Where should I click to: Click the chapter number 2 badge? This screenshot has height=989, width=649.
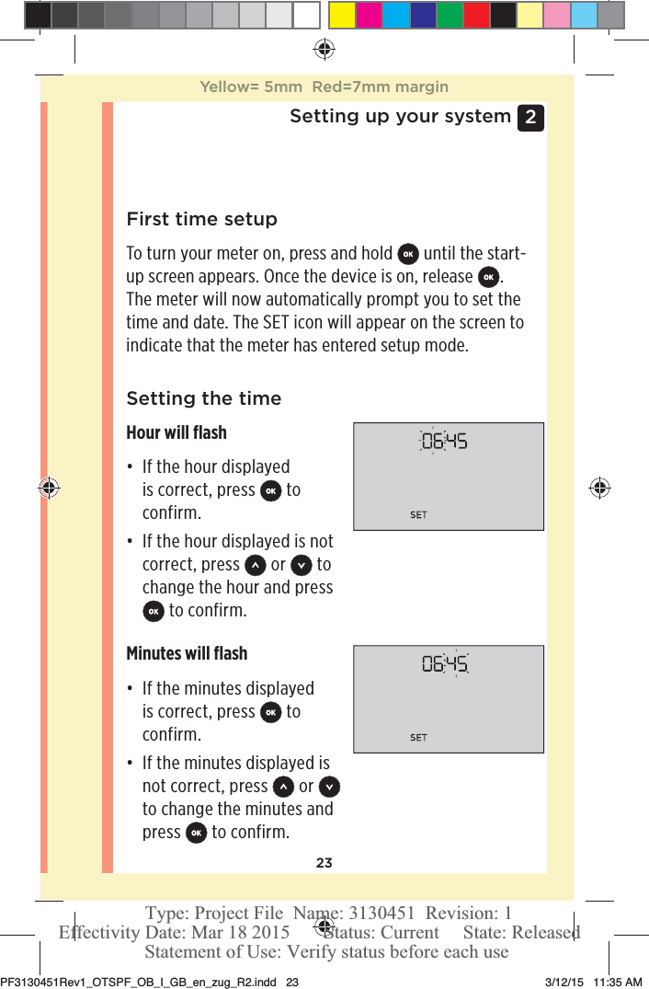click(530, 118)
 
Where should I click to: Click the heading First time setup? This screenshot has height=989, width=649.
click(201, 220)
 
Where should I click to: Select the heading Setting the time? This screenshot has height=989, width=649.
click(203, 398)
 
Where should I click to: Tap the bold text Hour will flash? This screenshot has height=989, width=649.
click(176, 432)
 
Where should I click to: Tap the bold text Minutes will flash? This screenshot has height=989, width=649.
click(187, 653)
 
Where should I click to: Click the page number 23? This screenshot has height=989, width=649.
click(324, 863)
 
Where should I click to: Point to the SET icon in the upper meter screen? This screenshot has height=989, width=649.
click(418, 515)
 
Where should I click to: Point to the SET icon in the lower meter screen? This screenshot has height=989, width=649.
click(418, 738)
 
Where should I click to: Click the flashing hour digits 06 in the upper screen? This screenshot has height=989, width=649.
click(431, 442)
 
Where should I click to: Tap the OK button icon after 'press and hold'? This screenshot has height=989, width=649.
click(408, 254)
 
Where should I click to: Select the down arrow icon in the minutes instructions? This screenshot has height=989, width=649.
click(329, 787)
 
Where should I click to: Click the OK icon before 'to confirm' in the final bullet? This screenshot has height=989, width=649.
click(196, 833)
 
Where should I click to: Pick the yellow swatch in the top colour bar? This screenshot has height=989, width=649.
click(342, 15)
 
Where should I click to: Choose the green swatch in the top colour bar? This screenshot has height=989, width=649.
click(450, 15)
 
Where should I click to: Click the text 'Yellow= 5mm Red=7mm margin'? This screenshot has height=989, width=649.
click(324, 87)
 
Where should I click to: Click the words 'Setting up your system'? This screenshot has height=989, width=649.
click(400, 117)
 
